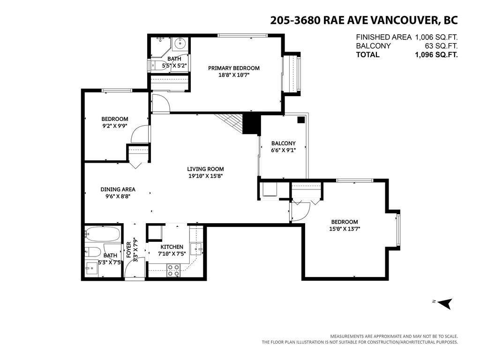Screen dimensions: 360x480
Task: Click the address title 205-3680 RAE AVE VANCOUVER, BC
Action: pos(363,20)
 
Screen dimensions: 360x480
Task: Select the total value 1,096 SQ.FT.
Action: pos(435,54)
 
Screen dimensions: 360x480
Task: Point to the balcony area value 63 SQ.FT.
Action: pos(441,46)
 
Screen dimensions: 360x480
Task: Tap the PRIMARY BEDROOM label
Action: pos(233,68)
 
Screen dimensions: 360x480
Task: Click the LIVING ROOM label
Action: pos(205,169)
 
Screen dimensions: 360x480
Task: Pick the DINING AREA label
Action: pos(118,189)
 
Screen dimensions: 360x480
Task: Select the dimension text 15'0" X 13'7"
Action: pos(344,229)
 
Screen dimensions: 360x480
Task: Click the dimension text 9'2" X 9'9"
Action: pos(114,126)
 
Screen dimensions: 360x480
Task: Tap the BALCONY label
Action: pos(283,143)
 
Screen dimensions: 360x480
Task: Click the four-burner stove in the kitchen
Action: pos(174,269)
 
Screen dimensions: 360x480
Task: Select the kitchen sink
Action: pos(196,247)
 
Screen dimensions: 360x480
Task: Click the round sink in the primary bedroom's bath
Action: pos(180,45)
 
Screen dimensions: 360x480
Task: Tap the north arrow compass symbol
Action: pos(445,303)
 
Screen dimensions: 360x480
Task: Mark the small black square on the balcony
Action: pos(301,120)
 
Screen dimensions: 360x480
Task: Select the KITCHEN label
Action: pos(172,247)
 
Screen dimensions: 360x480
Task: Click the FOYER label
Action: pos(128,249)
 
